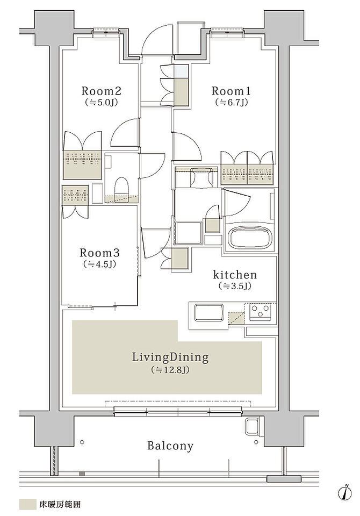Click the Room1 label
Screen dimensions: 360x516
point(231,91)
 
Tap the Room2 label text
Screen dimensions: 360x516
point(102,91)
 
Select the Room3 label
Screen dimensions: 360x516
point(99,253)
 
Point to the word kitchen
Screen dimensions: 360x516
point(235,274)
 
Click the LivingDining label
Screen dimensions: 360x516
point(170,357)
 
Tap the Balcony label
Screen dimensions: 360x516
point(170,446)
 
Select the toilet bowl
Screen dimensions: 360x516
point(121,187)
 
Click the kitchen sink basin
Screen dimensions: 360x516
point(209,312)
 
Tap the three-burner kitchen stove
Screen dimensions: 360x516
point(260,311)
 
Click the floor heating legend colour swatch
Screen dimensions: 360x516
point(27,504)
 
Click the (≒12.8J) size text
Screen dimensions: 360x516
point(170,370)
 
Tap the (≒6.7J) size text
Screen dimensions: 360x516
point(231,102)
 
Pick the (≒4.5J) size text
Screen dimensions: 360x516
point(99,264)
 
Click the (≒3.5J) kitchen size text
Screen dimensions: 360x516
point(235,286)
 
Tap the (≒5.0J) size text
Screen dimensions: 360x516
point(102,102)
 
